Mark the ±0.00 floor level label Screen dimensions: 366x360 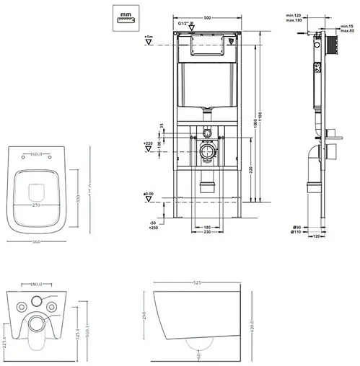pos(149,193)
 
